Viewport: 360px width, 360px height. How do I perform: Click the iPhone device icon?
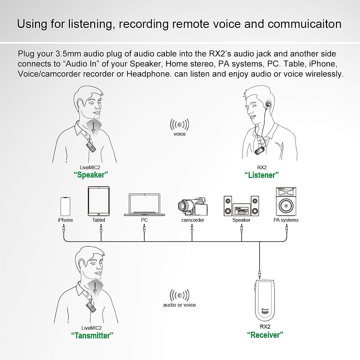(x=65, y=206)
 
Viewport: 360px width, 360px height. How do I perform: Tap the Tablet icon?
(x=98, y=201)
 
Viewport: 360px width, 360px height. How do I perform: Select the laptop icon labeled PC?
(x=145, y=205)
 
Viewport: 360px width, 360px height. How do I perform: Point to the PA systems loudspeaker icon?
(x=286, y=202)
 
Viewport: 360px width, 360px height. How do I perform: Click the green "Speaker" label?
(x=91, y=175)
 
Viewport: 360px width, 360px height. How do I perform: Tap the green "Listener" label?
(x=262, y=175)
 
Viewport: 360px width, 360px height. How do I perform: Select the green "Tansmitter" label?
(x=92, y=335)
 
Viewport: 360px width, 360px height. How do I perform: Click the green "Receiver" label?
(x=265, y=335)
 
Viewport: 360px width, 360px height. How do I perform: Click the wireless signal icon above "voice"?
(x=179, y=124)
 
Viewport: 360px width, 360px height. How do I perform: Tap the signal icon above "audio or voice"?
(x=179, y=295)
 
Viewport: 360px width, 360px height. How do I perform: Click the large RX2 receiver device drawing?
(x=264, y=300)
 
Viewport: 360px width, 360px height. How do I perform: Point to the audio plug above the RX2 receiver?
(x=259, y=274)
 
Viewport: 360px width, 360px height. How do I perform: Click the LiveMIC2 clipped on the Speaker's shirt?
(x=91, y=147)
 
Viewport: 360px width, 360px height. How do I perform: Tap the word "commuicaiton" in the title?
(x=304, y=24)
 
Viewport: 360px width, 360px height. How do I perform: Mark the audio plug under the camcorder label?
(x=192, y=229)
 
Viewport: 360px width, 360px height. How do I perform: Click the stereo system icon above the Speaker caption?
(x=241, y=206)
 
